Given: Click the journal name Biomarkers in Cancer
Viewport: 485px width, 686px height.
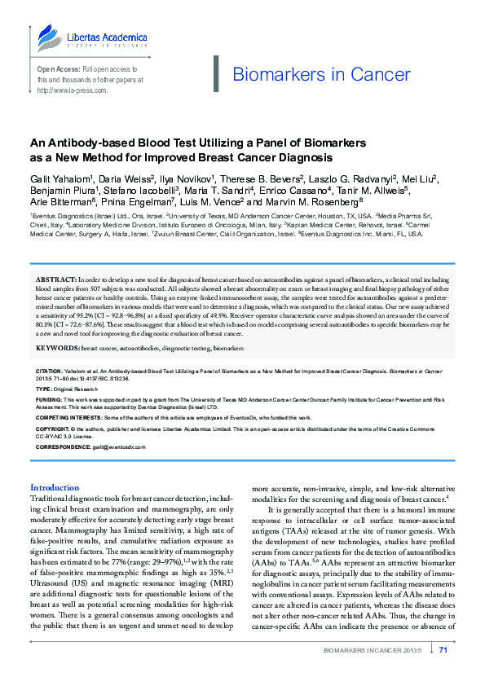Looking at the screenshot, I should (311, 75).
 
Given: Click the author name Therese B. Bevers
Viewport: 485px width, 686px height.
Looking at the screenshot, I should (262, 177).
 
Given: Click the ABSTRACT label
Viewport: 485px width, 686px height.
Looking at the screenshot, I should (55, 279).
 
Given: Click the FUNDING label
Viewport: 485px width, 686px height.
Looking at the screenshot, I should (48, 400).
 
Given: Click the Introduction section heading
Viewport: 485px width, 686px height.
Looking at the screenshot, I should (55, 487).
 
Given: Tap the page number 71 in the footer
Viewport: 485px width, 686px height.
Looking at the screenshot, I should (444, 649).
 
